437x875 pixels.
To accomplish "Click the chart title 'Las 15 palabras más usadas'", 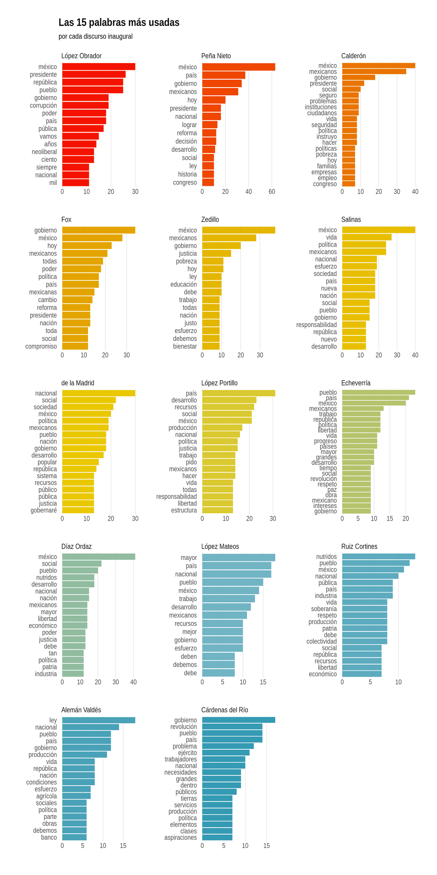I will point(119,23).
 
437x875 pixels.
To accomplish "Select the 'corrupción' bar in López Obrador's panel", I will point(85,105).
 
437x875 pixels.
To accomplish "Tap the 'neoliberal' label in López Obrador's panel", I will point(44,152).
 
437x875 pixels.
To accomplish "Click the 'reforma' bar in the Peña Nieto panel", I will point(209,133).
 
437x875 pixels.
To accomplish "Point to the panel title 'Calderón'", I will point(353,56).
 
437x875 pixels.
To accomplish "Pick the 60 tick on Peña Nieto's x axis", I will point(272,192).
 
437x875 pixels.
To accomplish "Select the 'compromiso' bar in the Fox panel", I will point(75,346).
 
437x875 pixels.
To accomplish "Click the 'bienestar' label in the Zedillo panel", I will point(185,346).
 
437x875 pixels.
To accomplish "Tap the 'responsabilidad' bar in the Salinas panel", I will point(354,325).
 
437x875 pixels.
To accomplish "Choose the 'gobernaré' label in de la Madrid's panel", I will point(44,510).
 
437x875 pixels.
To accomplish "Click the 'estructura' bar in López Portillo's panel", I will point(217,510).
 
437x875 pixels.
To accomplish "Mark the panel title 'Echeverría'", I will point(356,383).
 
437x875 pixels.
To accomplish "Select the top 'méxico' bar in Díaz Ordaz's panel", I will point(98,557).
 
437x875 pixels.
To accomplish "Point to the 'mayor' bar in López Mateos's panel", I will point(239,558).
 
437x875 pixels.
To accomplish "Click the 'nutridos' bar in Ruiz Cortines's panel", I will point(378,557).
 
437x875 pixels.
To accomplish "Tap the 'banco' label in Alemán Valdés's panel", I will point(49,837).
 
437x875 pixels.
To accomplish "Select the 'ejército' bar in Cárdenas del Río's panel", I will point(226,752).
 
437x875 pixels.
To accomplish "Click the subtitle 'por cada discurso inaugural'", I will point(95,36).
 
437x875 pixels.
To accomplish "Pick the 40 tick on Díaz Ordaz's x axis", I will point(133,682).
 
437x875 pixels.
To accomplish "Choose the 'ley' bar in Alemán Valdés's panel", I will point(98,720).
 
